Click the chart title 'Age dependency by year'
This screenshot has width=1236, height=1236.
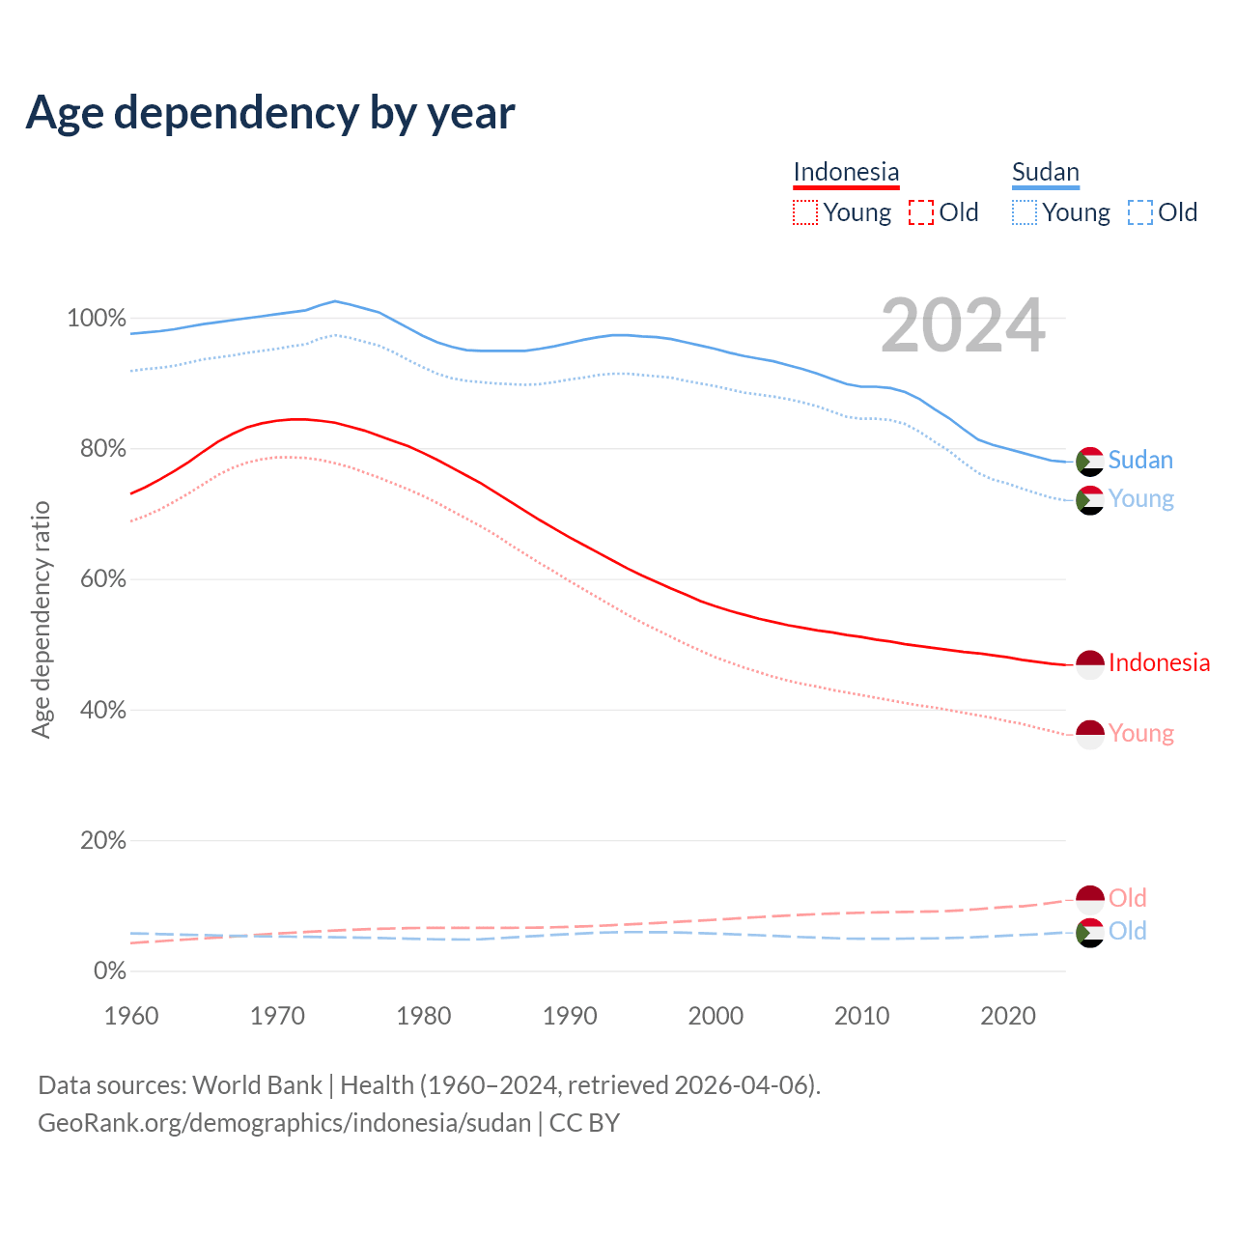[x=270, y=113]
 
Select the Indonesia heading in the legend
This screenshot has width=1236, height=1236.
[x=846, y=172]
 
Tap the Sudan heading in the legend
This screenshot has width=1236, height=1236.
[x=1045, y=172]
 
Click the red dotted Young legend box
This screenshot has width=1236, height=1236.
[x=804, y=212]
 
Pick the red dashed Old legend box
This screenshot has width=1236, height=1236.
[x=921, y=212]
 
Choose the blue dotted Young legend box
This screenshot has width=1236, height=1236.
[x=1025, y=212]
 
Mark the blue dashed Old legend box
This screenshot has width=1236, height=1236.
[x=1140, y=212]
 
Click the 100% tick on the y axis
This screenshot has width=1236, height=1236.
[x=97, y=318]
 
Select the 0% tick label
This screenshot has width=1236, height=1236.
[x=109, y=970]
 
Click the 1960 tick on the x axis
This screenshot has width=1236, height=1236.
[x=131, y=1016]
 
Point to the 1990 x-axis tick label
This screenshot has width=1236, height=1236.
[x=570, y=1016]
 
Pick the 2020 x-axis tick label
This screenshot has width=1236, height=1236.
[x=1008, y=1016]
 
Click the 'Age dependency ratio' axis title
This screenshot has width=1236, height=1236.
[x=41, y=619]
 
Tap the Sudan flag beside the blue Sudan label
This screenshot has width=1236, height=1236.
[x=1089, y=462]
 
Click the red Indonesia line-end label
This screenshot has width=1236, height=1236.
[x=1159, y=662]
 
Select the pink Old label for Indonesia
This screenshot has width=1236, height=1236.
[x=1127, y=898]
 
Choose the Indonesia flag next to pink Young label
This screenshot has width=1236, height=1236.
[x=1089, y=734]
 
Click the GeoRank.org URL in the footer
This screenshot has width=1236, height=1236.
[x=284, y=1123]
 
